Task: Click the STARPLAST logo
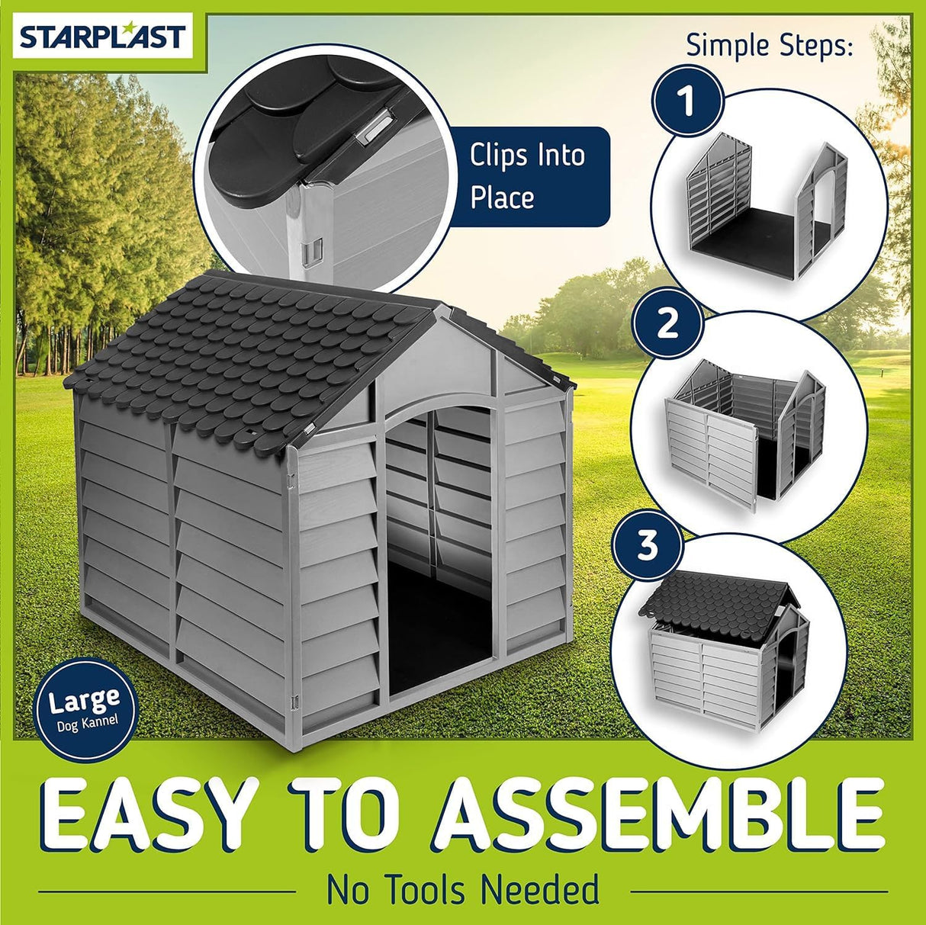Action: pos(102,37)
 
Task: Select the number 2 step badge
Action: pos(667,323)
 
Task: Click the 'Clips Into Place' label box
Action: pos(528,176)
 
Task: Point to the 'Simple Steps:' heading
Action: pos(769,45)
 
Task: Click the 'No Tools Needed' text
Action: pos(463,890)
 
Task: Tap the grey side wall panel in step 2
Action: pos(709,450)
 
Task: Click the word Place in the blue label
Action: pos(502,198)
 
